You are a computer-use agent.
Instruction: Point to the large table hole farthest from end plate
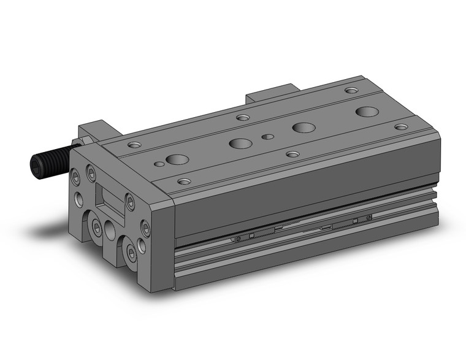coord(367,112)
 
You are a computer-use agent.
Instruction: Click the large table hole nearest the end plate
coord(178,160)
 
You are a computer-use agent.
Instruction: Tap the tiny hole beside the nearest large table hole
coord(159,164)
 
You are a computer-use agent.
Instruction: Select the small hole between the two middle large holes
coord(267,136)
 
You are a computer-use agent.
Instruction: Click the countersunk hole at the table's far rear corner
coord(351,91)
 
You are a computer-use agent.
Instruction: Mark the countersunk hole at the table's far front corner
coord(400,127)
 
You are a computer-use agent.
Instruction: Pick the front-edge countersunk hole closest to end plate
coord(183,181)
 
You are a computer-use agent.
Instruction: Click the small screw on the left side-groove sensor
coord(239,239)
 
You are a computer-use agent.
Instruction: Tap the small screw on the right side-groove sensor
coord(368,216)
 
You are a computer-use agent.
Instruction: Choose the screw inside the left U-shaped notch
coord(97,228)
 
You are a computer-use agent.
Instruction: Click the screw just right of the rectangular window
coord(130,199)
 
